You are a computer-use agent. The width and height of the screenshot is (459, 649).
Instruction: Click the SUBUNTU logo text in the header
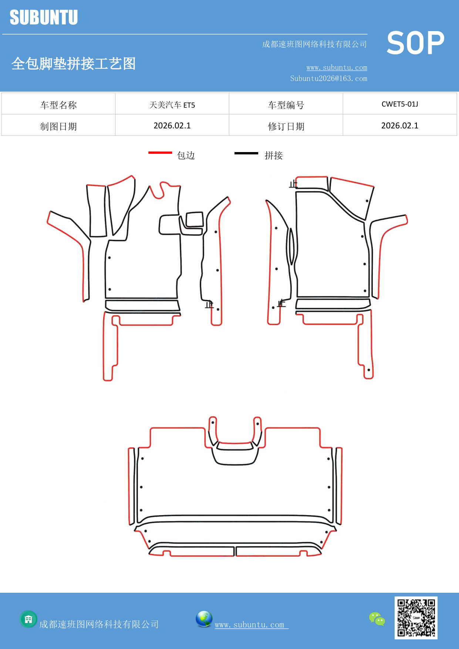44,18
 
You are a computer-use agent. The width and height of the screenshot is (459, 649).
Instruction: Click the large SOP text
415,43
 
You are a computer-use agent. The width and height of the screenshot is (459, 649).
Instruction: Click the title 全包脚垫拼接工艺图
74,64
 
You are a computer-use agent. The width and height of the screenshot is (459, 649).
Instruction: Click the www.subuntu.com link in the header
337,67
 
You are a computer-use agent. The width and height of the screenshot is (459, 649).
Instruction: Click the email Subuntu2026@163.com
328,78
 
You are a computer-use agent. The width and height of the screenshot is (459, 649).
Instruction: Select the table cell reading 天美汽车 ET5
172,105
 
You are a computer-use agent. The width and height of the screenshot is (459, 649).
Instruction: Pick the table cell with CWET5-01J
399,104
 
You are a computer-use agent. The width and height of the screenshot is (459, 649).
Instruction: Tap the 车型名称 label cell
58,105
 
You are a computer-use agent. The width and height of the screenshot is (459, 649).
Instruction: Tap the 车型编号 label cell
286,105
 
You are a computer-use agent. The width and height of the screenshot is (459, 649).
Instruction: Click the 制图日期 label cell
58,126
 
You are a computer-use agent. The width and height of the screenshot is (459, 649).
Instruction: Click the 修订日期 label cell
286,126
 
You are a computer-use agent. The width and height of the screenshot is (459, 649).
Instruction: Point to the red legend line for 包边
160,152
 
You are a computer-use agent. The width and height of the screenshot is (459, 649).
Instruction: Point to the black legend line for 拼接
246,153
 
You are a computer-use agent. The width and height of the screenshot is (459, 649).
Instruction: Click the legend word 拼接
273,155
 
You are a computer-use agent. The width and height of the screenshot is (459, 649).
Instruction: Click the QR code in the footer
416,618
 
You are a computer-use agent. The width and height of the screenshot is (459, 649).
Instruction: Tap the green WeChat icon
377,619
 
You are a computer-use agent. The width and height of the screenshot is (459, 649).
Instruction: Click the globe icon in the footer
204,619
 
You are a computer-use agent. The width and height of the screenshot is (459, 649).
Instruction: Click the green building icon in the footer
28,619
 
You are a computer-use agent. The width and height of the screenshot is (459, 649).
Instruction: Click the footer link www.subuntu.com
250,625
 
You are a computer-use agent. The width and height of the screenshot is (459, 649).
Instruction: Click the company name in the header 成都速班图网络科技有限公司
314,44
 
